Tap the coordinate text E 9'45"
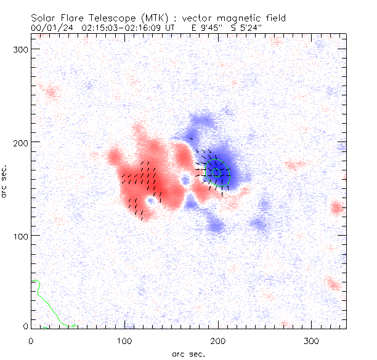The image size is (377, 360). tap(209, 28)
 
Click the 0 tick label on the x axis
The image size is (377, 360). tap(31, 340)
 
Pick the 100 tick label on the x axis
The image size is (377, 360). tap(124, 340)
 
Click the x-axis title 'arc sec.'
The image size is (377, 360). tap(188, 353)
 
